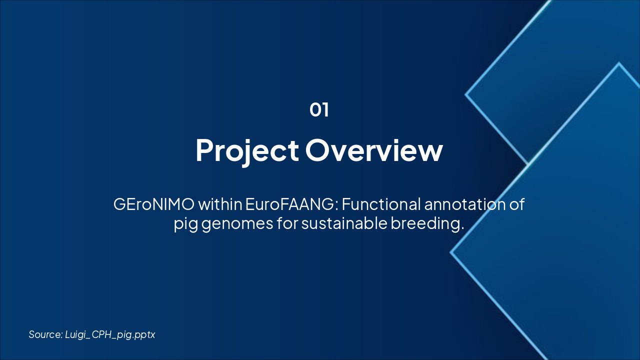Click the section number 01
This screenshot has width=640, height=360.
coord(319,109)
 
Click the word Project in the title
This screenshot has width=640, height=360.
coord(247,151)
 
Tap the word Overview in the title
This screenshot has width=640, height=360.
coord(374,150)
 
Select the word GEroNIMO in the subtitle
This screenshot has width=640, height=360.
coord(153,204)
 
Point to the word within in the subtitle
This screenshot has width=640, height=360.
coord(220,204)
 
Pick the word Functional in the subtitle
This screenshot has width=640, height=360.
coord(381,204)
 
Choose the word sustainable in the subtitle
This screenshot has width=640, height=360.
coord(344,223)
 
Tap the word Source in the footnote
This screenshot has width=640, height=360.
coord(45,334)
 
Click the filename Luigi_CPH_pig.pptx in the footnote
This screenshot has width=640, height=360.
coord(110,335)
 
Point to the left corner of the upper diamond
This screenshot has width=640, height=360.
coord(465,94)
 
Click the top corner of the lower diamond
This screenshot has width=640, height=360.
coord(619,63)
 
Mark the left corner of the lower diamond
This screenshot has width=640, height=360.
coord(451,252)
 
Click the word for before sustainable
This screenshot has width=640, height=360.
coord(287,223)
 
